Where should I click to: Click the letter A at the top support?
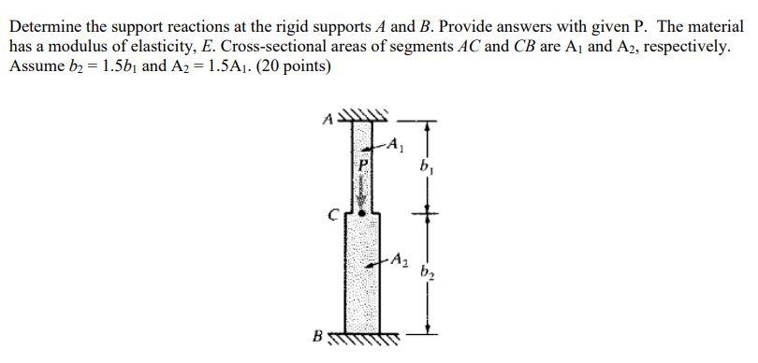[x=328, y=118]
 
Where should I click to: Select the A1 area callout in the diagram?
[x=397, y=145]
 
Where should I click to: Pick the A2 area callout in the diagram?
[x=399, y=260]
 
